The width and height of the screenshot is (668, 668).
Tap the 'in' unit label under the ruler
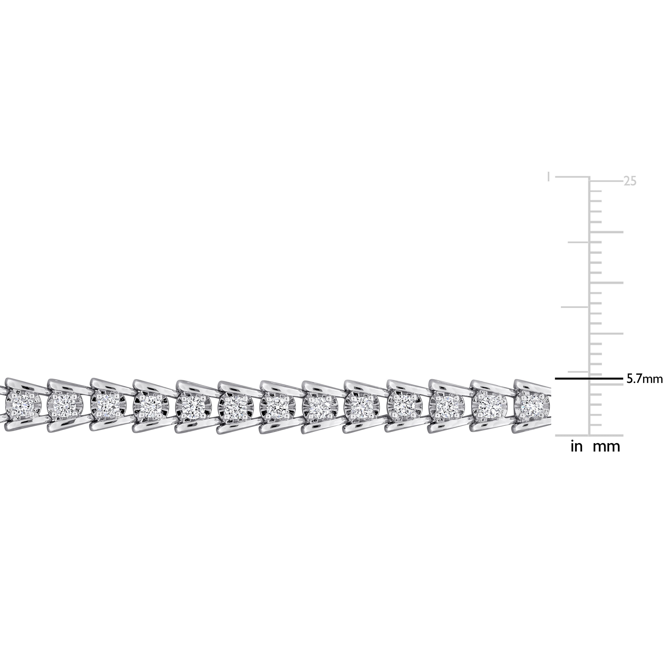point(576,447)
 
